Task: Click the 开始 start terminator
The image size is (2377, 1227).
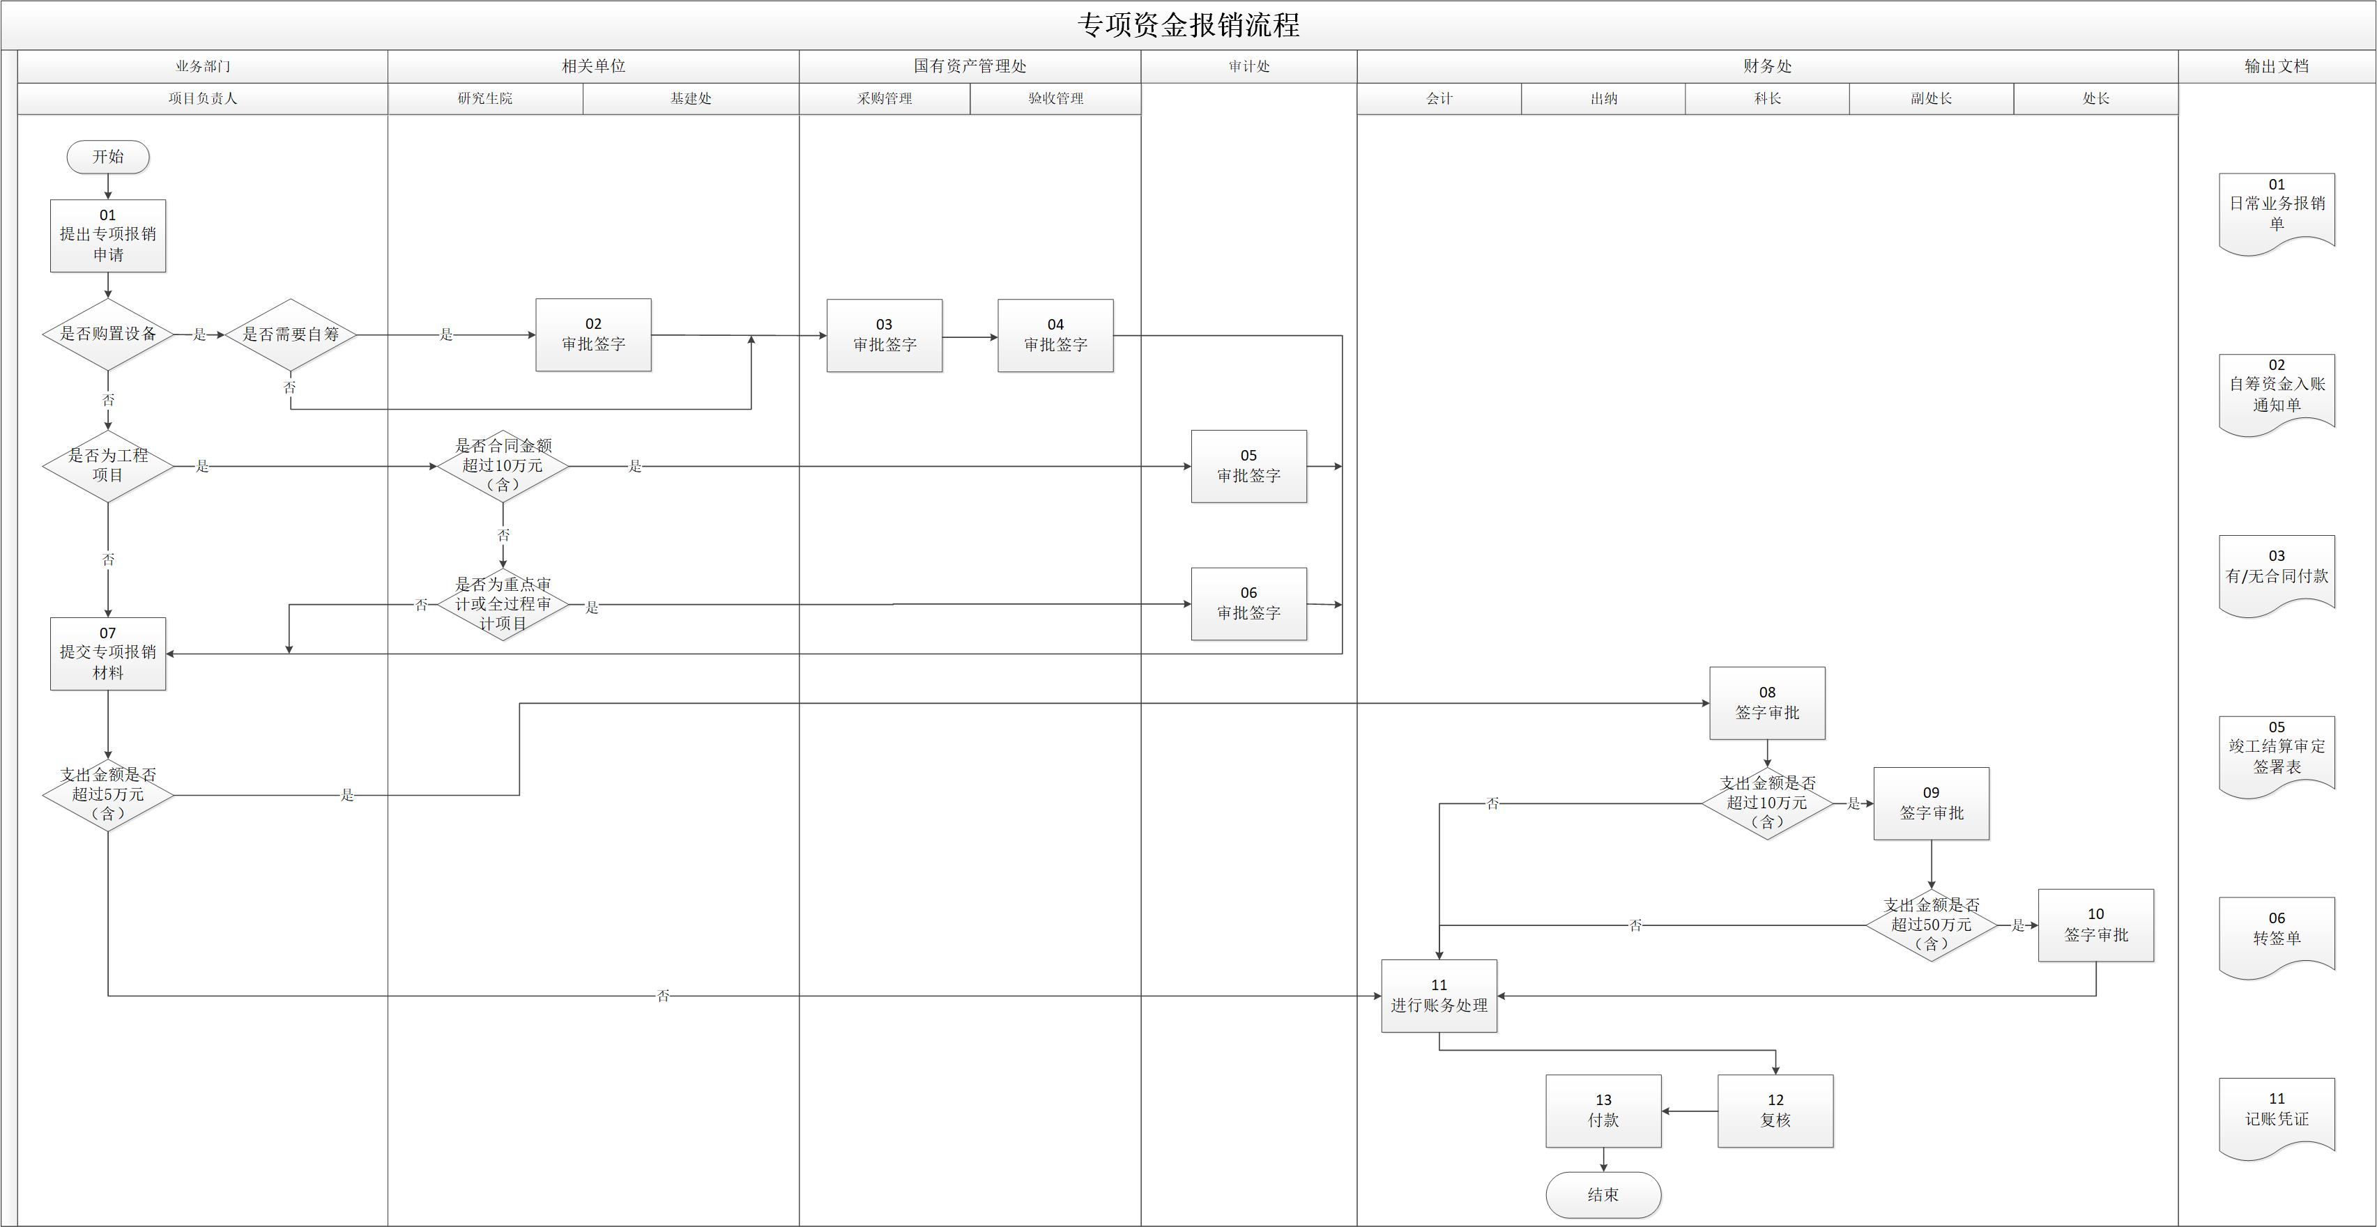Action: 108,157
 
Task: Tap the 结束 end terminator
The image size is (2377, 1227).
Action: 1603,1195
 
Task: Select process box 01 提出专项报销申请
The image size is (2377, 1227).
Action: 108,236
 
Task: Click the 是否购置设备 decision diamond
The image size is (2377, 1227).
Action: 108,334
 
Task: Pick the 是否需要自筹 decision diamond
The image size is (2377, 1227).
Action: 291,334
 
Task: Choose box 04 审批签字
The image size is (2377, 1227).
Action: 1055,336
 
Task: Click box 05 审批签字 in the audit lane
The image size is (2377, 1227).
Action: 1248,466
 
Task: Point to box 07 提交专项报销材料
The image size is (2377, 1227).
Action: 108,653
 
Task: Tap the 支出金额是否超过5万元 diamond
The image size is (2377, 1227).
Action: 108,794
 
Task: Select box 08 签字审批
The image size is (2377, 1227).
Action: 1767,703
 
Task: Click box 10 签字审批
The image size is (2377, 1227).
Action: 2095,925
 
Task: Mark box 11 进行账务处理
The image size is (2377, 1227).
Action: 1439,996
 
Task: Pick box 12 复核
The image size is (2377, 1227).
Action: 1775,1111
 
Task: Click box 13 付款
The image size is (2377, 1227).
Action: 1603,1111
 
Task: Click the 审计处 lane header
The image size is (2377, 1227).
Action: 1248,66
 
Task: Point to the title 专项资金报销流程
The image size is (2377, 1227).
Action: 1188,25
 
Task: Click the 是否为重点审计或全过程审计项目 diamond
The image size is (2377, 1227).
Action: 503,604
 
